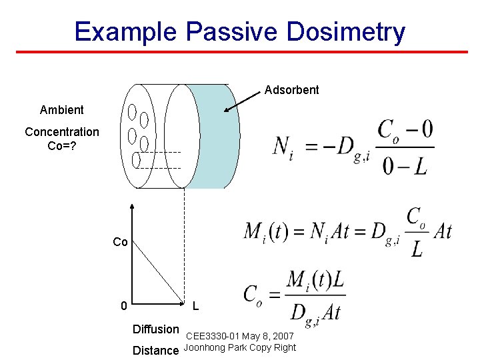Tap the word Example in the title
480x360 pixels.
(125, 31)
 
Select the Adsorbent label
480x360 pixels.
(291, 90)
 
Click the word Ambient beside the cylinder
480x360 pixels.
(61, 110)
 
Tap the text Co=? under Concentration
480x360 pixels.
(61, 145)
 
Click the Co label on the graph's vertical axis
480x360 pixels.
(120, 242)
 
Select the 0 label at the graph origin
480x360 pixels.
(123, 306)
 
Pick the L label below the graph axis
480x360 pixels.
(195, 306)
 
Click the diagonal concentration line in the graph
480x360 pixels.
(159, 270)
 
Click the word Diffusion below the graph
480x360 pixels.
(155, 329)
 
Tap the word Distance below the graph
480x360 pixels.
(155, 350)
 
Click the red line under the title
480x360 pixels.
(240, 52)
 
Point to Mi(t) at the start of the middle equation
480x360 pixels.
(266, 231)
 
